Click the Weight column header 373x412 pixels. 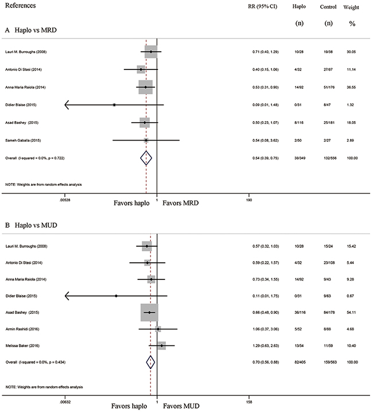(351, 7)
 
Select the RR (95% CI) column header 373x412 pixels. (262, 6)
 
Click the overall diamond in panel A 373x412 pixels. (146, 158)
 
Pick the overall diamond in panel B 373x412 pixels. (150, 362)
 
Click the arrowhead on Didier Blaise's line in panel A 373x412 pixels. (67, 105)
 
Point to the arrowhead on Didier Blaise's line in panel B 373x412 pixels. (67, 296)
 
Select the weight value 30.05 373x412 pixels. (351, 52)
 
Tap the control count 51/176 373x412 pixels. (329, 87)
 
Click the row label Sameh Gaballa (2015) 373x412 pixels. (23, 141)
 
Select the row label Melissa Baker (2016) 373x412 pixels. (22, 345)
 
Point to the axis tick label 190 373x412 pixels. (249, 200)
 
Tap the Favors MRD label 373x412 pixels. (181, 203)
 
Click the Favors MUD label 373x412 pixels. (181, 406)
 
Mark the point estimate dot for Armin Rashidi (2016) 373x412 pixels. (158, 329)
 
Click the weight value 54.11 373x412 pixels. (351, 312)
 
